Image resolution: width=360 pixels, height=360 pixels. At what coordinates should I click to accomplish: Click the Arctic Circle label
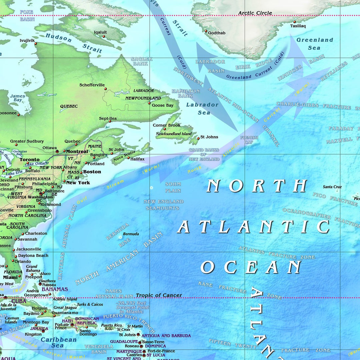[255, 13]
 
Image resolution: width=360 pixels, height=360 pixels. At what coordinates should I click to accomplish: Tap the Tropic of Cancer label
[159, 295]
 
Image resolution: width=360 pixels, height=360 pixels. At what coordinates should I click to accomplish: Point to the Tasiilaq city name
[298, 26]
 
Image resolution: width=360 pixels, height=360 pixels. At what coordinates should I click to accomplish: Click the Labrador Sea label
[202, 108]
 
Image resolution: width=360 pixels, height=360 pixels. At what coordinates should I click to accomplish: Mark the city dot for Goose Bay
[149, 103]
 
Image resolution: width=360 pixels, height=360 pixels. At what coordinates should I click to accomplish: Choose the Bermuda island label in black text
[131, 234]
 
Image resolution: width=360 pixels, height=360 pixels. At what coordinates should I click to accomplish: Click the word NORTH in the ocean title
[257, 186]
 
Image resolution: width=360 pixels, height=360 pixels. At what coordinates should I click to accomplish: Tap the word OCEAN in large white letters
[251, 267]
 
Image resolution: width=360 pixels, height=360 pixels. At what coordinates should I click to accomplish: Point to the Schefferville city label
[92, 85]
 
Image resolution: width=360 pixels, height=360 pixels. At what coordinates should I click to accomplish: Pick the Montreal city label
[77, 151]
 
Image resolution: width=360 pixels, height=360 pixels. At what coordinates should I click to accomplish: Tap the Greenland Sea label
[314, 44]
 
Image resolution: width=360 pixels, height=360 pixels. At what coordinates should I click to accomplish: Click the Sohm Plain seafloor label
[173, 187]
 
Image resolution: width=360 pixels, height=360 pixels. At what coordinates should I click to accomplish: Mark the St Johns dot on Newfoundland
[198, 138]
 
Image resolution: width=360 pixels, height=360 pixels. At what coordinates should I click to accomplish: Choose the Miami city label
[10, 277]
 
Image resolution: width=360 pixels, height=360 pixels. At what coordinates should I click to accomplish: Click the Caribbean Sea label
[58, 342]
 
